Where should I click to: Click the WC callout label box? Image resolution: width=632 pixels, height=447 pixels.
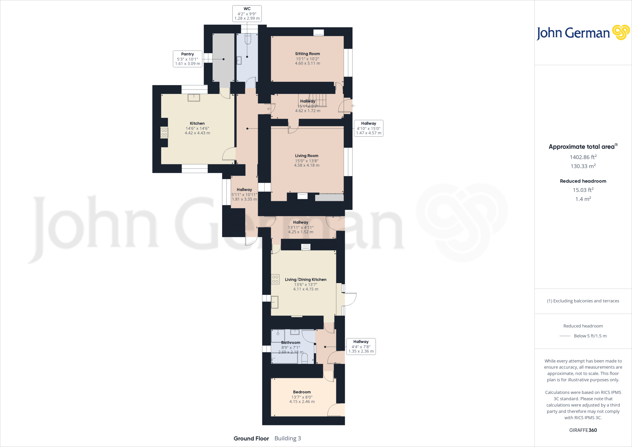coord(247,14)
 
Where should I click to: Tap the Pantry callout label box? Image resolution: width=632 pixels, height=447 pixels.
coord(187,59)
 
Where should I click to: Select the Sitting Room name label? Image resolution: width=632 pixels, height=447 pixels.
coord(307,54)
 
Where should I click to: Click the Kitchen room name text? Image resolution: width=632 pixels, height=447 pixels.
coord(197,123)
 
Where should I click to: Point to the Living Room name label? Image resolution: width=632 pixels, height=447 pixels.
coord(306,156)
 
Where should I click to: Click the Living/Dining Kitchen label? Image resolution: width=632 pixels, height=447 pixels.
coord(306,280)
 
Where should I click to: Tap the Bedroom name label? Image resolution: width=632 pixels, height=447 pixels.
coord(302,392)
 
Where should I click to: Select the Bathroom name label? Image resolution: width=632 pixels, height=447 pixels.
coord(291,343)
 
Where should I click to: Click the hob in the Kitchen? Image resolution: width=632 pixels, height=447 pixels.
coord(164,133)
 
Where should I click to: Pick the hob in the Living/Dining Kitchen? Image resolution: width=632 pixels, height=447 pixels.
coord(275,279)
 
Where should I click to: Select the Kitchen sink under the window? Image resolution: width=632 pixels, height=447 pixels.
coord(194,98)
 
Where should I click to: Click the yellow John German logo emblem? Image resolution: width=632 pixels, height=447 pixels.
coord(621,32)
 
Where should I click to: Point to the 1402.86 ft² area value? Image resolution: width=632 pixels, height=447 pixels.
coord(583,157)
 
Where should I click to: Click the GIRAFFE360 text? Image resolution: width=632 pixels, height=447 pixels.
coord(583,430)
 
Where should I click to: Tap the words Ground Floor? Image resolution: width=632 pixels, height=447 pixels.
coord(251,438)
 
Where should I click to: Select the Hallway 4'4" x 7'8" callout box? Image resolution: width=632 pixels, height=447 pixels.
coord(361,346)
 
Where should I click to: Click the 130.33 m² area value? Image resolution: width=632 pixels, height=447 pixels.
coord(583,166)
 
